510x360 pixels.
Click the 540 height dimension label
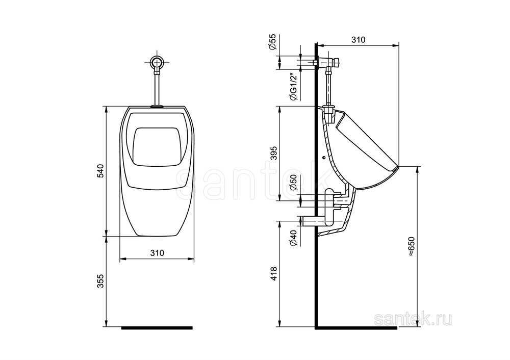[x=100, y=171]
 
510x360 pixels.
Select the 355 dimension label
[x=100, y=281]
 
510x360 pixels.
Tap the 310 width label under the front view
[x=157, y=253]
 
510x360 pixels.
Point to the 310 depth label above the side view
[x=359, y=40]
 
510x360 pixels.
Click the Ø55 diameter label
[x=272, y=42]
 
